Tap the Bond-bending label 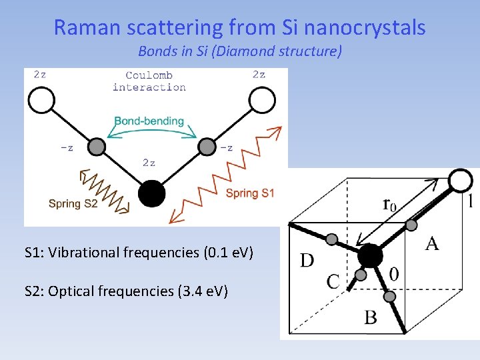[149, 121]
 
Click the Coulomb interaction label [149, 81]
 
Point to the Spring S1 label [250, 193]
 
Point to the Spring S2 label [73, 203]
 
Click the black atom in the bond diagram [151, 193]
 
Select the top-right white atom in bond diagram [262, 101]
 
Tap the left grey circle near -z [97, 146]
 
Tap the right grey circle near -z [207, 146]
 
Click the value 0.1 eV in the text [223, 253]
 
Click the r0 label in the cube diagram [389, 205]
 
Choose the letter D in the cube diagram [307, 260]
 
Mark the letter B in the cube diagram [371, 317]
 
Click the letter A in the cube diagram [431, 244]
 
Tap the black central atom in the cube [370, 255]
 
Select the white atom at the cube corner [459, 180]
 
